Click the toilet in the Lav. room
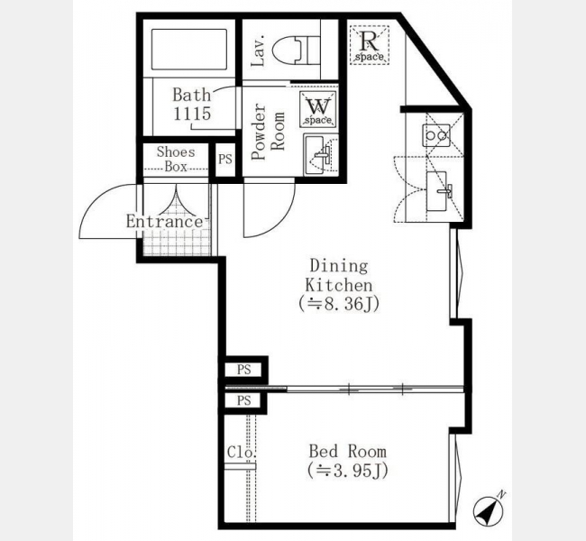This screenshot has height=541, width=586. [x=295, y=50]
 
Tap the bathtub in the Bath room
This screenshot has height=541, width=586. [x=189, y=49]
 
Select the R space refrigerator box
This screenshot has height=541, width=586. [x=370, y=45]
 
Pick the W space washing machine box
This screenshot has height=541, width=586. [x=317, y=109]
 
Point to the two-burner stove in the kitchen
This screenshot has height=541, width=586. [x=435, y=135]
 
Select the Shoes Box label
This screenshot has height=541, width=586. [x=176, y=159]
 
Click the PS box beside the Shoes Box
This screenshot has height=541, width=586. [x=225, y=160]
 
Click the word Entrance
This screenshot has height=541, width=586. [x=164, y=221]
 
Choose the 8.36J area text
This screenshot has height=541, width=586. [x=339, y=304]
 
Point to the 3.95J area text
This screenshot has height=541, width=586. [x=348, y=471]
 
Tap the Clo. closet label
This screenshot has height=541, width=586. [x=242, y=452]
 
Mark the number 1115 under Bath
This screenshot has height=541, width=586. [x=192, y=114]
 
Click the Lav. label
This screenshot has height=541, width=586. [x=258, y=50]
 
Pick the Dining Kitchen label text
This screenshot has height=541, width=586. [x=339, y=275]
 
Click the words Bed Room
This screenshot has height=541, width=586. [x=348, y=451]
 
